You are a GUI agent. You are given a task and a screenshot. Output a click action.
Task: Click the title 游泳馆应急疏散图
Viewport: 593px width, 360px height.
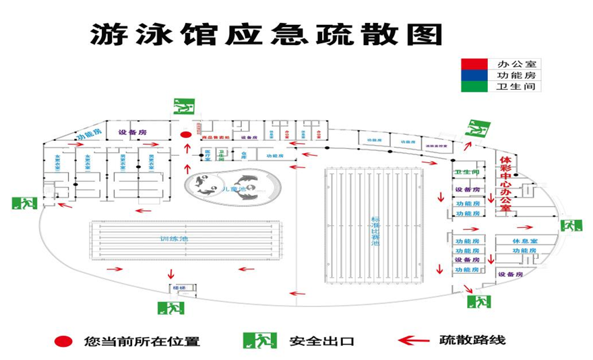pos(266,34)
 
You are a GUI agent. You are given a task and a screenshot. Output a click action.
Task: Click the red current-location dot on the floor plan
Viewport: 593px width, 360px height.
pos(186,135)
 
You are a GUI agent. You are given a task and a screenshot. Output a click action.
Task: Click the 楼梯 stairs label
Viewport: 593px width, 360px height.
pos(179,288)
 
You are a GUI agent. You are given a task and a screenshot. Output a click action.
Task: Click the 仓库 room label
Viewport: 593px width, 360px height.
pos(243,154)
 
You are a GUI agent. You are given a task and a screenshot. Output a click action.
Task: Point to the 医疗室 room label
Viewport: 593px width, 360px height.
pos(208,154)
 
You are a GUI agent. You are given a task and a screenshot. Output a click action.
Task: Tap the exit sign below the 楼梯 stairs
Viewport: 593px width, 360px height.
pos(171,308)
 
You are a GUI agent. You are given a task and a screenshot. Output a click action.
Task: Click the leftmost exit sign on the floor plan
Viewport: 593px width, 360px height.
pos(24,202)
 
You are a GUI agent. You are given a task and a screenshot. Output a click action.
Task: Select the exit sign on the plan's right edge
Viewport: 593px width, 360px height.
pos(571,224)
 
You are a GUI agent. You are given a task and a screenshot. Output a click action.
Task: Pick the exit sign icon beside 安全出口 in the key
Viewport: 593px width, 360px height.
pos(260,340)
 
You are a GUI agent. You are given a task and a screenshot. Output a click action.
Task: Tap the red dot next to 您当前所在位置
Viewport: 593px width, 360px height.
pos(65,341)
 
